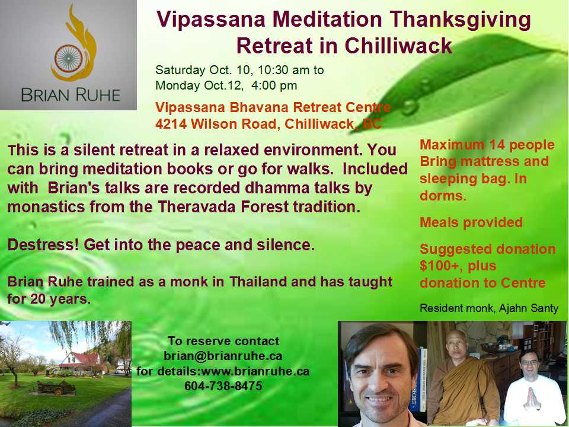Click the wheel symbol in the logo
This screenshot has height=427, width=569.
click(x=69, y=58)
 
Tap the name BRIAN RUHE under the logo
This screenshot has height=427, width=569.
click(x=71, y=95)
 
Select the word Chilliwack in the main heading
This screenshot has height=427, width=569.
click(x=398, y=46)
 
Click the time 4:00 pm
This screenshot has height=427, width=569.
click(x=274, y=85)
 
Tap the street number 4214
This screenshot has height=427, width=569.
click(x=171, y=124)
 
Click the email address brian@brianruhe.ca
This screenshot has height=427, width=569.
click(x=223, y=356)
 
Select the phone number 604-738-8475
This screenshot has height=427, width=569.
click(x=223, y=385)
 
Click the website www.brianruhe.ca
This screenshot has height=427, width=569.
click(x=255, y=371)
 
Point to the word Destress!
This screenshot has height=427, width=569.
click(x=43, y=245)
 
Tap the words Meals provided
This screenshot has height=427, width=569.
click(x=471, y=222)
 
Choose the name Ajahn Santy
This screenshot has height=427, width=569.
click(x=528, y=308)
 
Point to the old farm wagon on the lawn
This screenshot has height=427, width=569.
click(x=56, y=387)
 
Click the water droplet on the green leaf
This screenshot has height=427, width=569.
click(x=410, y=107)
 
